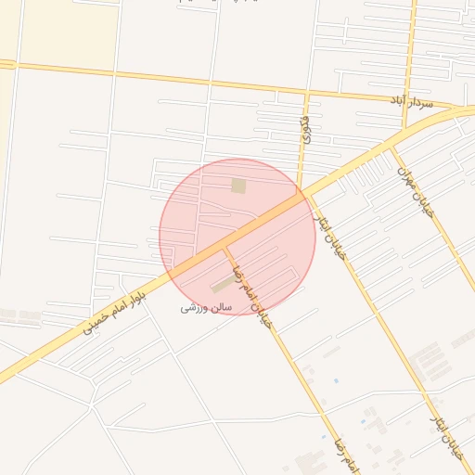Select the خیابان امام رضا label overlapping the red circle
click(251, 287)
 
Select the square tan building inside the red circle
click(238, 186)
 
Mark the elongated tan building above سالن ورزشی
click(223, 284)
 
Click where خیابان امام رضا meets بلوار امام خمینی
click(223, 249)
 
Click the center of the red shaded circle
click(237, 237)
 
